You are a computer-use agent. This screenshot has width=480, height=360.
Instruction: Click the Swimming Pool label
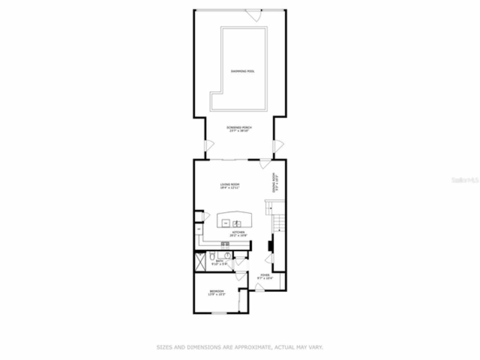[x=242, y=71]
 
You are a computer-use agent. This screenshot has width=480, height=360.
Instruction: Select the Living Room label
[x=229, y=186]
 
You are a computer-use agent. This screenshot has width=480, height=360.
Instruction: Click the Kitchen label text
[x=238, y=234]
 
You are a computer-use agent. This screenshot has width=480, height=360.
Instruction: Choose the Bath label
[x=219, y=262]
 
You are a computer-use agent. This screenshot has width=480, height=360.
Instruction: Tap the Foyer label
[x=265, y=277]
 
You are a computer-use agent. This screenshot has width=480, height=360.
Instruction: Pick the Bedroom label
[x=217, y=293]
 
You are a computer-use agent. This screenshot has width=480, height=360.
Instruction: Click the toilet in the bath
[x=212, y=257]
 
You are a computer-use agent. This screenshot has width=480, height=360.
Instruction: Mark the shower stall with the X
[x=200, y=262]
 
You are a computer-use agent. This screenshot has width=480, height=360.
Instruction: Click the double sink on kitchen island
[x=237, y=224]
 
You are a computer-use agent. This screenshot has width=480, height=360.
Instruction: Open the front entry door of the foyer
[x=259, y=287]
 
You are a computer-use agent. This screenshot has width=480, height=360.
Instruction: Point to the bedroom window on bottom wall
[x=219, y=313]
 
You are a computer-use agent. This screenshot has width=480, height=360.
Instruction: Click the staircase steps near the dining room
[x=278, y=223]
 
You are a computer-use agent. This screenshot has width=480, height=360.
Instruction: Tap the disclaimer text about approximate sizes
[x=240, y=348]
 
